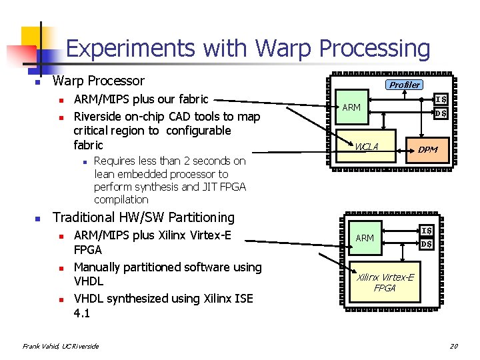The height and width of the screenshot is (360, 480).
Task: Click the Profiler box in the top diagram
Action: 405,85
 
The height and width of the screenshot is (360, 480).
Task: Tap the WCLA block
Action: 367,146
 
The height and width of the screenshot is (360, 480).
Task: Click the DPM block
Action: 427,149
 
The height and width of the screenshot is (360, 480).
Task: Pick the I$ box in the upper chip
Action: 441,100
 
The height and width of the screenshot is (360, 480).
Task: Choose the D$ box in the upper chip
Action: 441,113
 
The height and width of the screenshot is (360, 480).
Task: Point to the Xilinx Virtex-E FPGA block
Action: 385,283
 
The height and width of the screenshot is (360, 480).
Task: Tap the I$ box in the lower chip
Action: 427,231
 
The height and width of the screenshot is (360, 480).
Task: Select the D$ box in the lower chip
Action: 427,244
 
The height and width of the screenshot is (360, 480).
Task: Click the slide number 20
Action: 453,346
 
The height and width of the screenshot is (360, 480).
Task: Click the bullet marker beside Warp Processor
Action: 37,83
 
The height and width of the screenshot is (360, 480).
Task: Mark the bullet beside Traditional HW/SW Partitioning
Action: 37,219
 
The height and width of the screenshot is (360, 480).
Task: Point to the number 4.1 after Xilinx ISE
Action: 83,313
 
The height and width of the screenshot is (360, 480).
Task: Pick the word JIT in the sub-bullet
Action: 198,187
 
